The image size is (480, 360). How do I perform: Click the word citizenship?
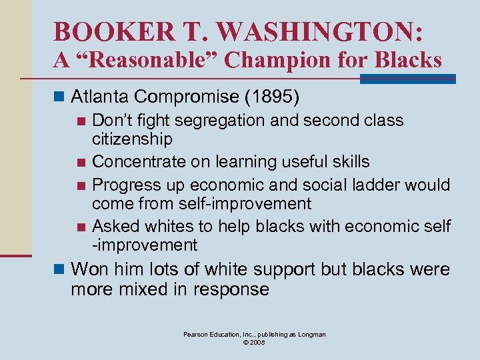click(132, 139)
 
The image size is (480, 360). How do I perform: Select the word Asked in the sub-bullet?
click(113, 226)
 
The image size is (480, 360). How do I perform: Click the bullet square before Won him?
click(61, 270)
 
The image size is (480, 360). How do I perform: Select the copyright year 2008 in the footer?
click(259, 342)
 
